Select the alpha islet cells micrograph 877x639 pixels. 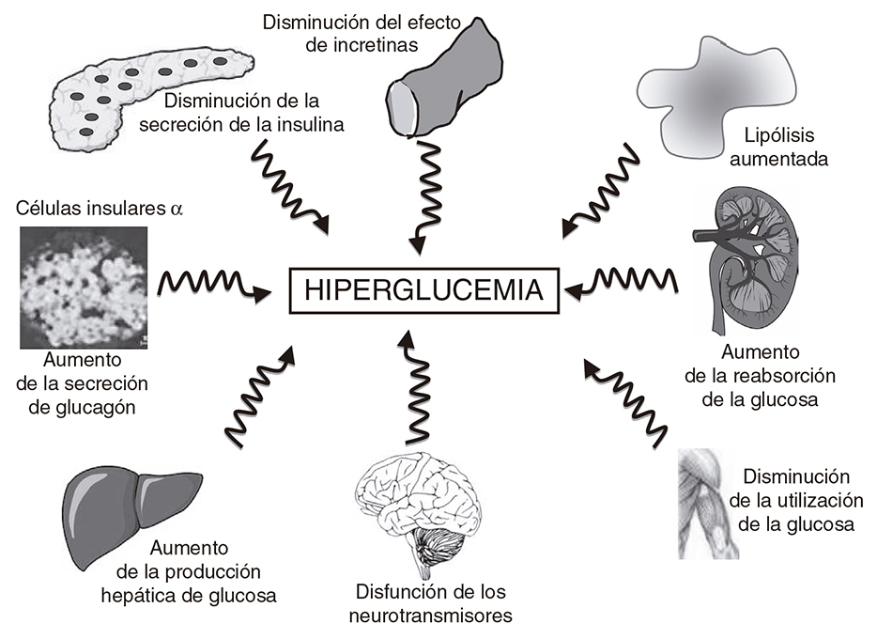[x=82, y=287]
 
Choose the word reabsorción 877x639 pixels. [x=775, y=376]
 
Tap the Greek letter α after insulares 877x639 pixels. [x=175, y=209]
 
